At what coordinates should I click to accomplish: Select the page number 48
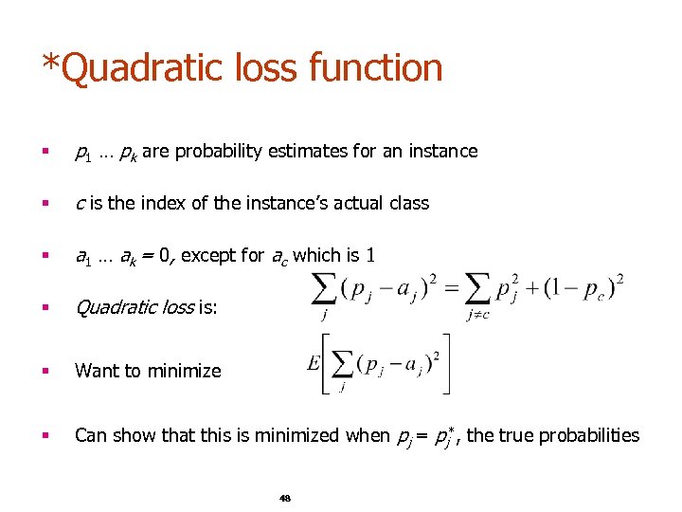[x=285, y=498]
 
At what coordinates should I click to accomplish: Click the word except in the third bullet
[x=211, y=255]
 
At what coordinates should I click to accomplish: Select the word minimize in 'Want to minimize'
[x=187, y=371]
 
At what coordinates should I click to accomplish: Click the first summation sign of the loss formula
[x=324, y=286]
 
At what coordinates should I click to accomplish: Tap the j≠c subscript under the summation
[x=477, y=315]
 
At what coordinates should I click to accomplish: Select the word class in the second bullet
[x=408, y=203]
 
